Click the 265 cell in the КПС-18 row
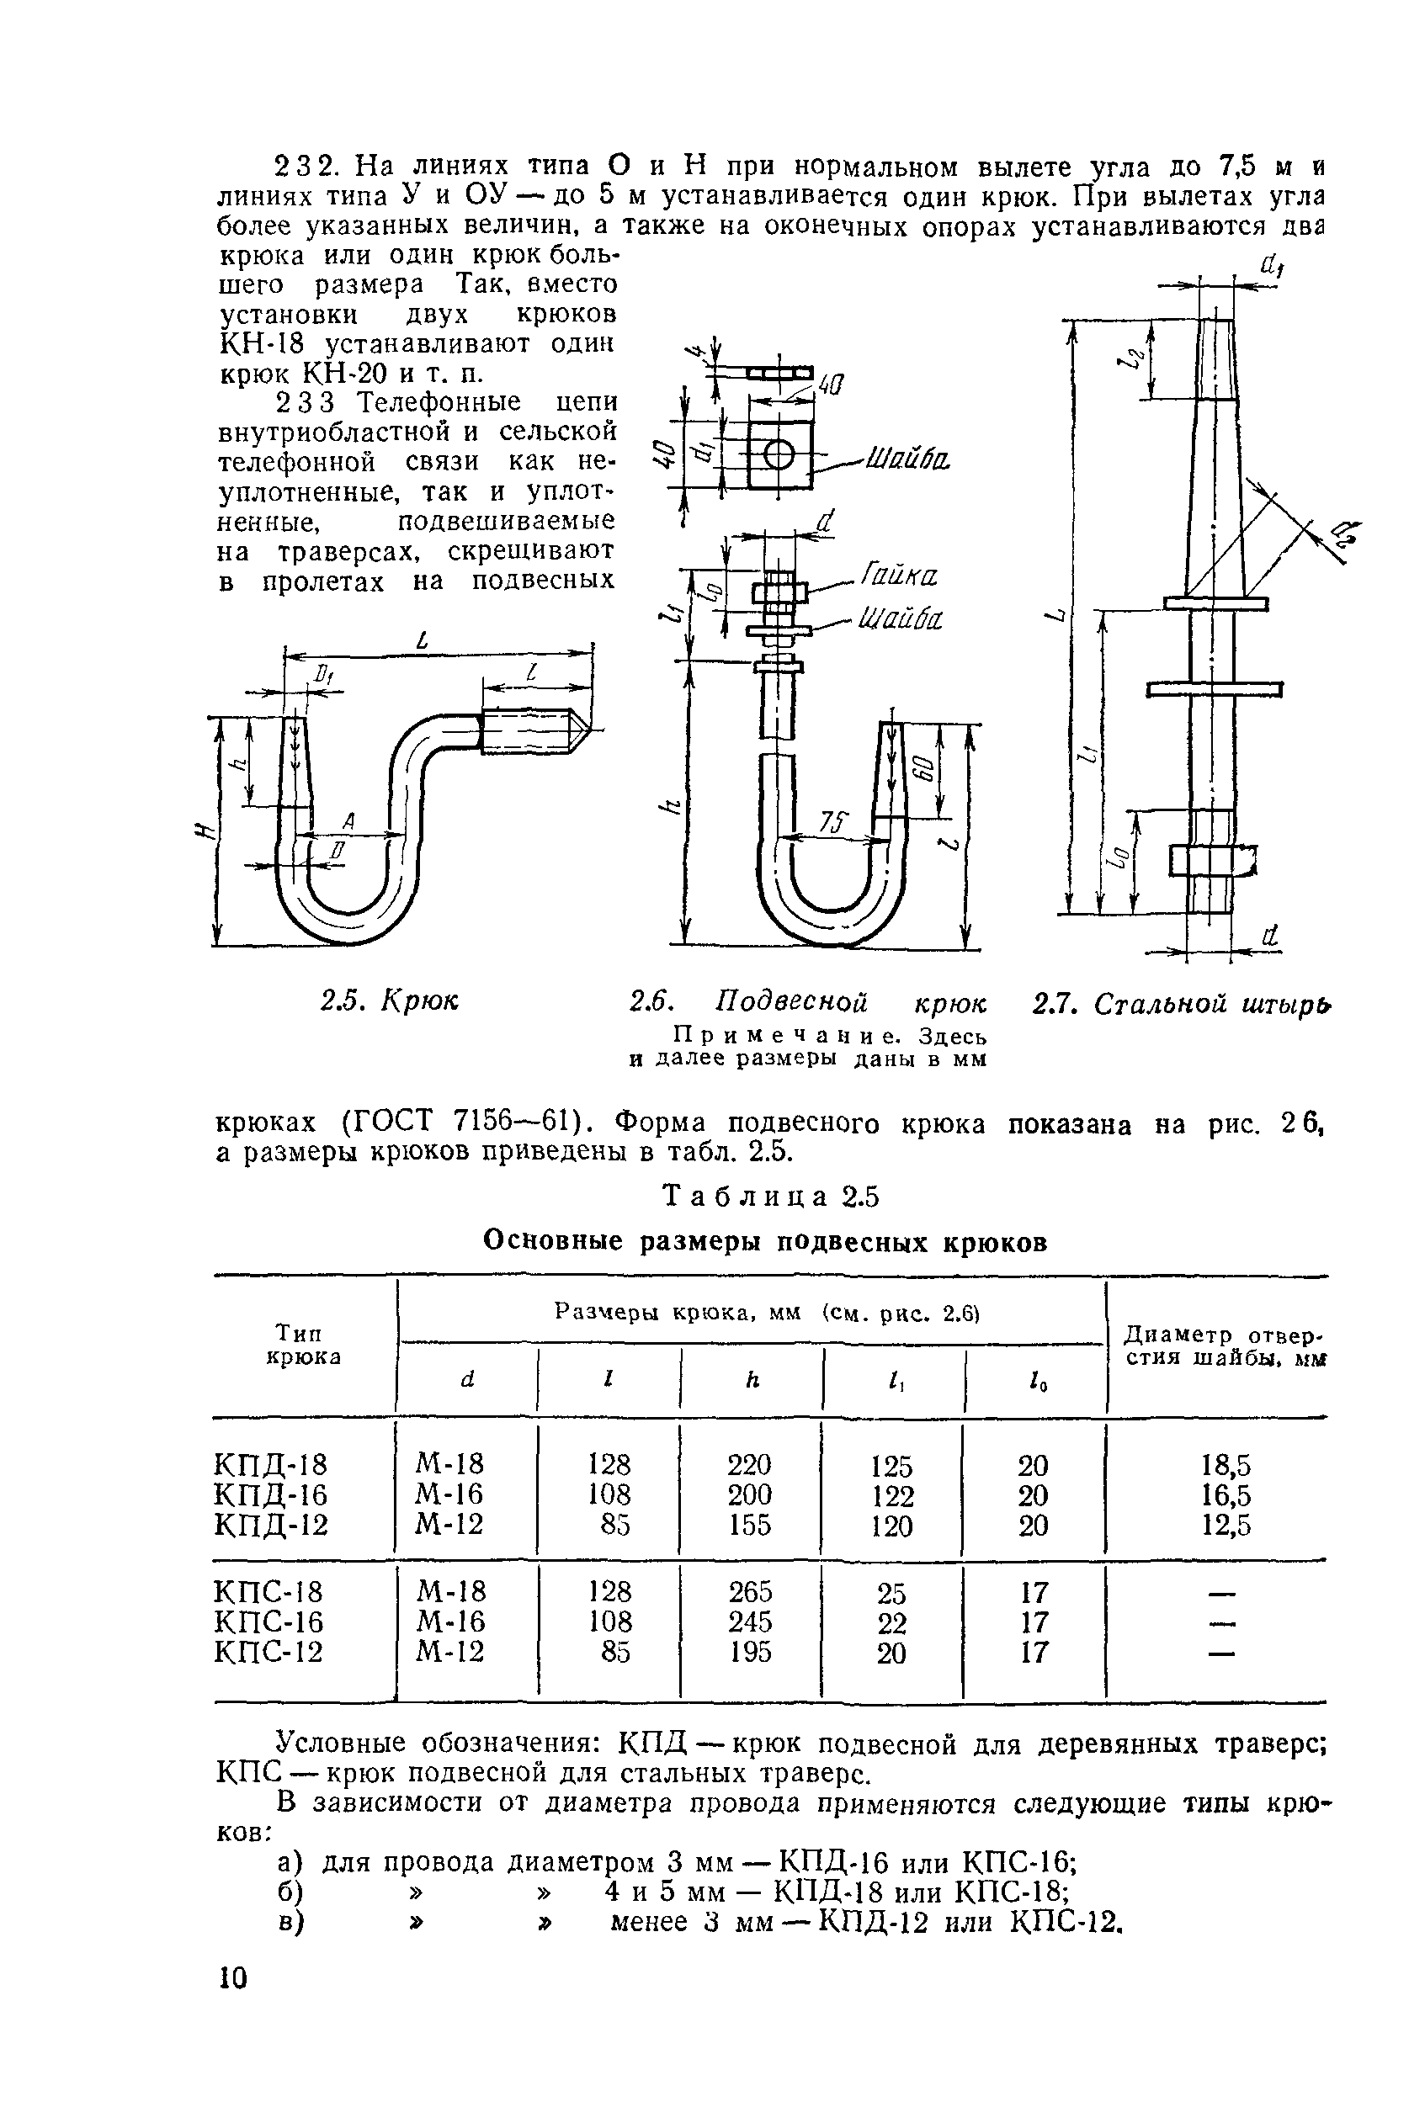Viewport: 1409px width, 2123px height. coord(750,1592)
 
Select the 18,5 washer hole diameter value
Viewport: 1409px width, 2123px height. coord(1226,1467)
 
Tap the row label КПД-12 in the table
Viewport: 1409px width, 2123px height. coord(271,1525)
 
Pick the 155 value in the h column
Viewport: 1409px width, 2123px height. coord(750,1525)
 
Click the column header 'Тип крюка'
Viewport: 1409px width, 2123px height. coord(304,1344)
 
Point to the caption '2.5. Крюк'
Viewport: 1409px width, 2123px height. coord(389,1000)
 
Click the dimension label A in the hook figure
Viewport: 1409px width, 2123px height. coord(348,820)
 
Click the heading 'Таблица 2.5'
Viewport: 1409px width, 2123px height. coord(770,1197)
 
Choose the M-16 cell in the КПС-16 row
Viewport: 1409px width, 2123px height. coord(450,1621)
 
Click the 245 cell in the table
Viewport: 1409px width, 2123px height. coord(750,1621)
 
